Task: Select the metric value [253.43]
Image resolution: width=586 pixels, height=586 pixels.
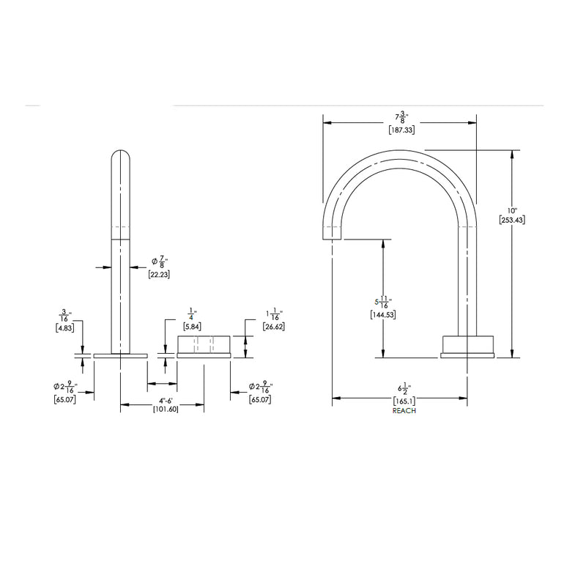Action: (x=511, y=220)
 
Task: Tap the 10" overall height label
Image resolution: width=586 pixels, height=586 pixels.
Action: (x=511, y=209)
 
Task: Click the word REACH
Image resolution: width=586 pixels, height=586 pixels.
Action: (x=404, y=412)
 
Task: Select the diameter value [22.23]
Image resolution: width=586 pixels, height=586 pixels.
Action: (x=159, y=274)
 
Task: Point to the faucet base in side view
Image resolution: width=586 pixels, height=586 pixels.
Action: (x=468, y=346)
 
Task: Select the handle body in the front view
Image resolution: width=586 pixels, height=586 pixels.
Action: (x=204, y=345)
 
